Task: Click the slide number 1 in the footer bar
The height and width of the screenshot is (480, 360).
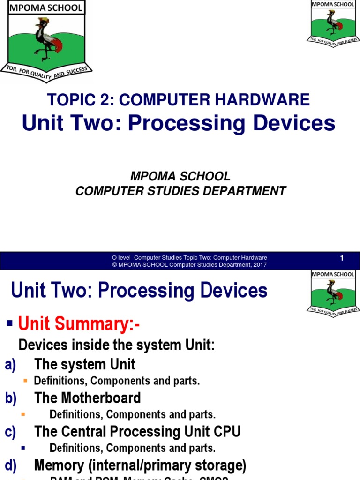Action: (x=342, y=258)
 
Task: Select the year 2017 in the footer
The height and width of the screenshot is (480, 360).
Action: (x=259, y=265)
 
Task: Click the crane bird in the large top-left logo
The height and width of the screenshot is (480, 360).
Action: (x=46, y=40)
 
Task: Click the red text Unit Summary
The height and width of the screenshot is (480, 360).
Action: (x=79, y=323)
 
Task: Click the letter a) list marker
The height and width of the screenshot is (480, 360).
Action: (x=11, y=365)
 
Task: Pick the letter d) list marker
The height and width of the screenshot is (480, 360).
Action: (x=11, y=465)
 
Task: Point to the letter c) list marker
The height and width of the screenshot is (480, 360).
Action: (x=11, y=432)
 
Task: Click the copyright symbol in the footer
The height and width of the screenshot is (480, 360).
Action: (x=114, y=265)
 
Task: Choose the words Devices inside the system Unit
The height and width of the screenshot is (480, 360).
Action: (x=116, y=345)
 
